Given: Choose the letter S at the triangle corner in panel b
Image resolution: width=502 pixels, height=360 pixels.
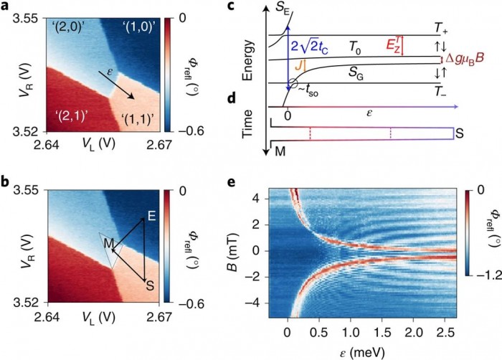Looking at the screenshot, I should pyautogui.click(x=150, y=282).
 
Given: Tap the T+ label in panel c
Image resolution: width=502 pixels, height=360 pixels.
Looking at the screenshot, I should pyautogui.click(x=442, y=27).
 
